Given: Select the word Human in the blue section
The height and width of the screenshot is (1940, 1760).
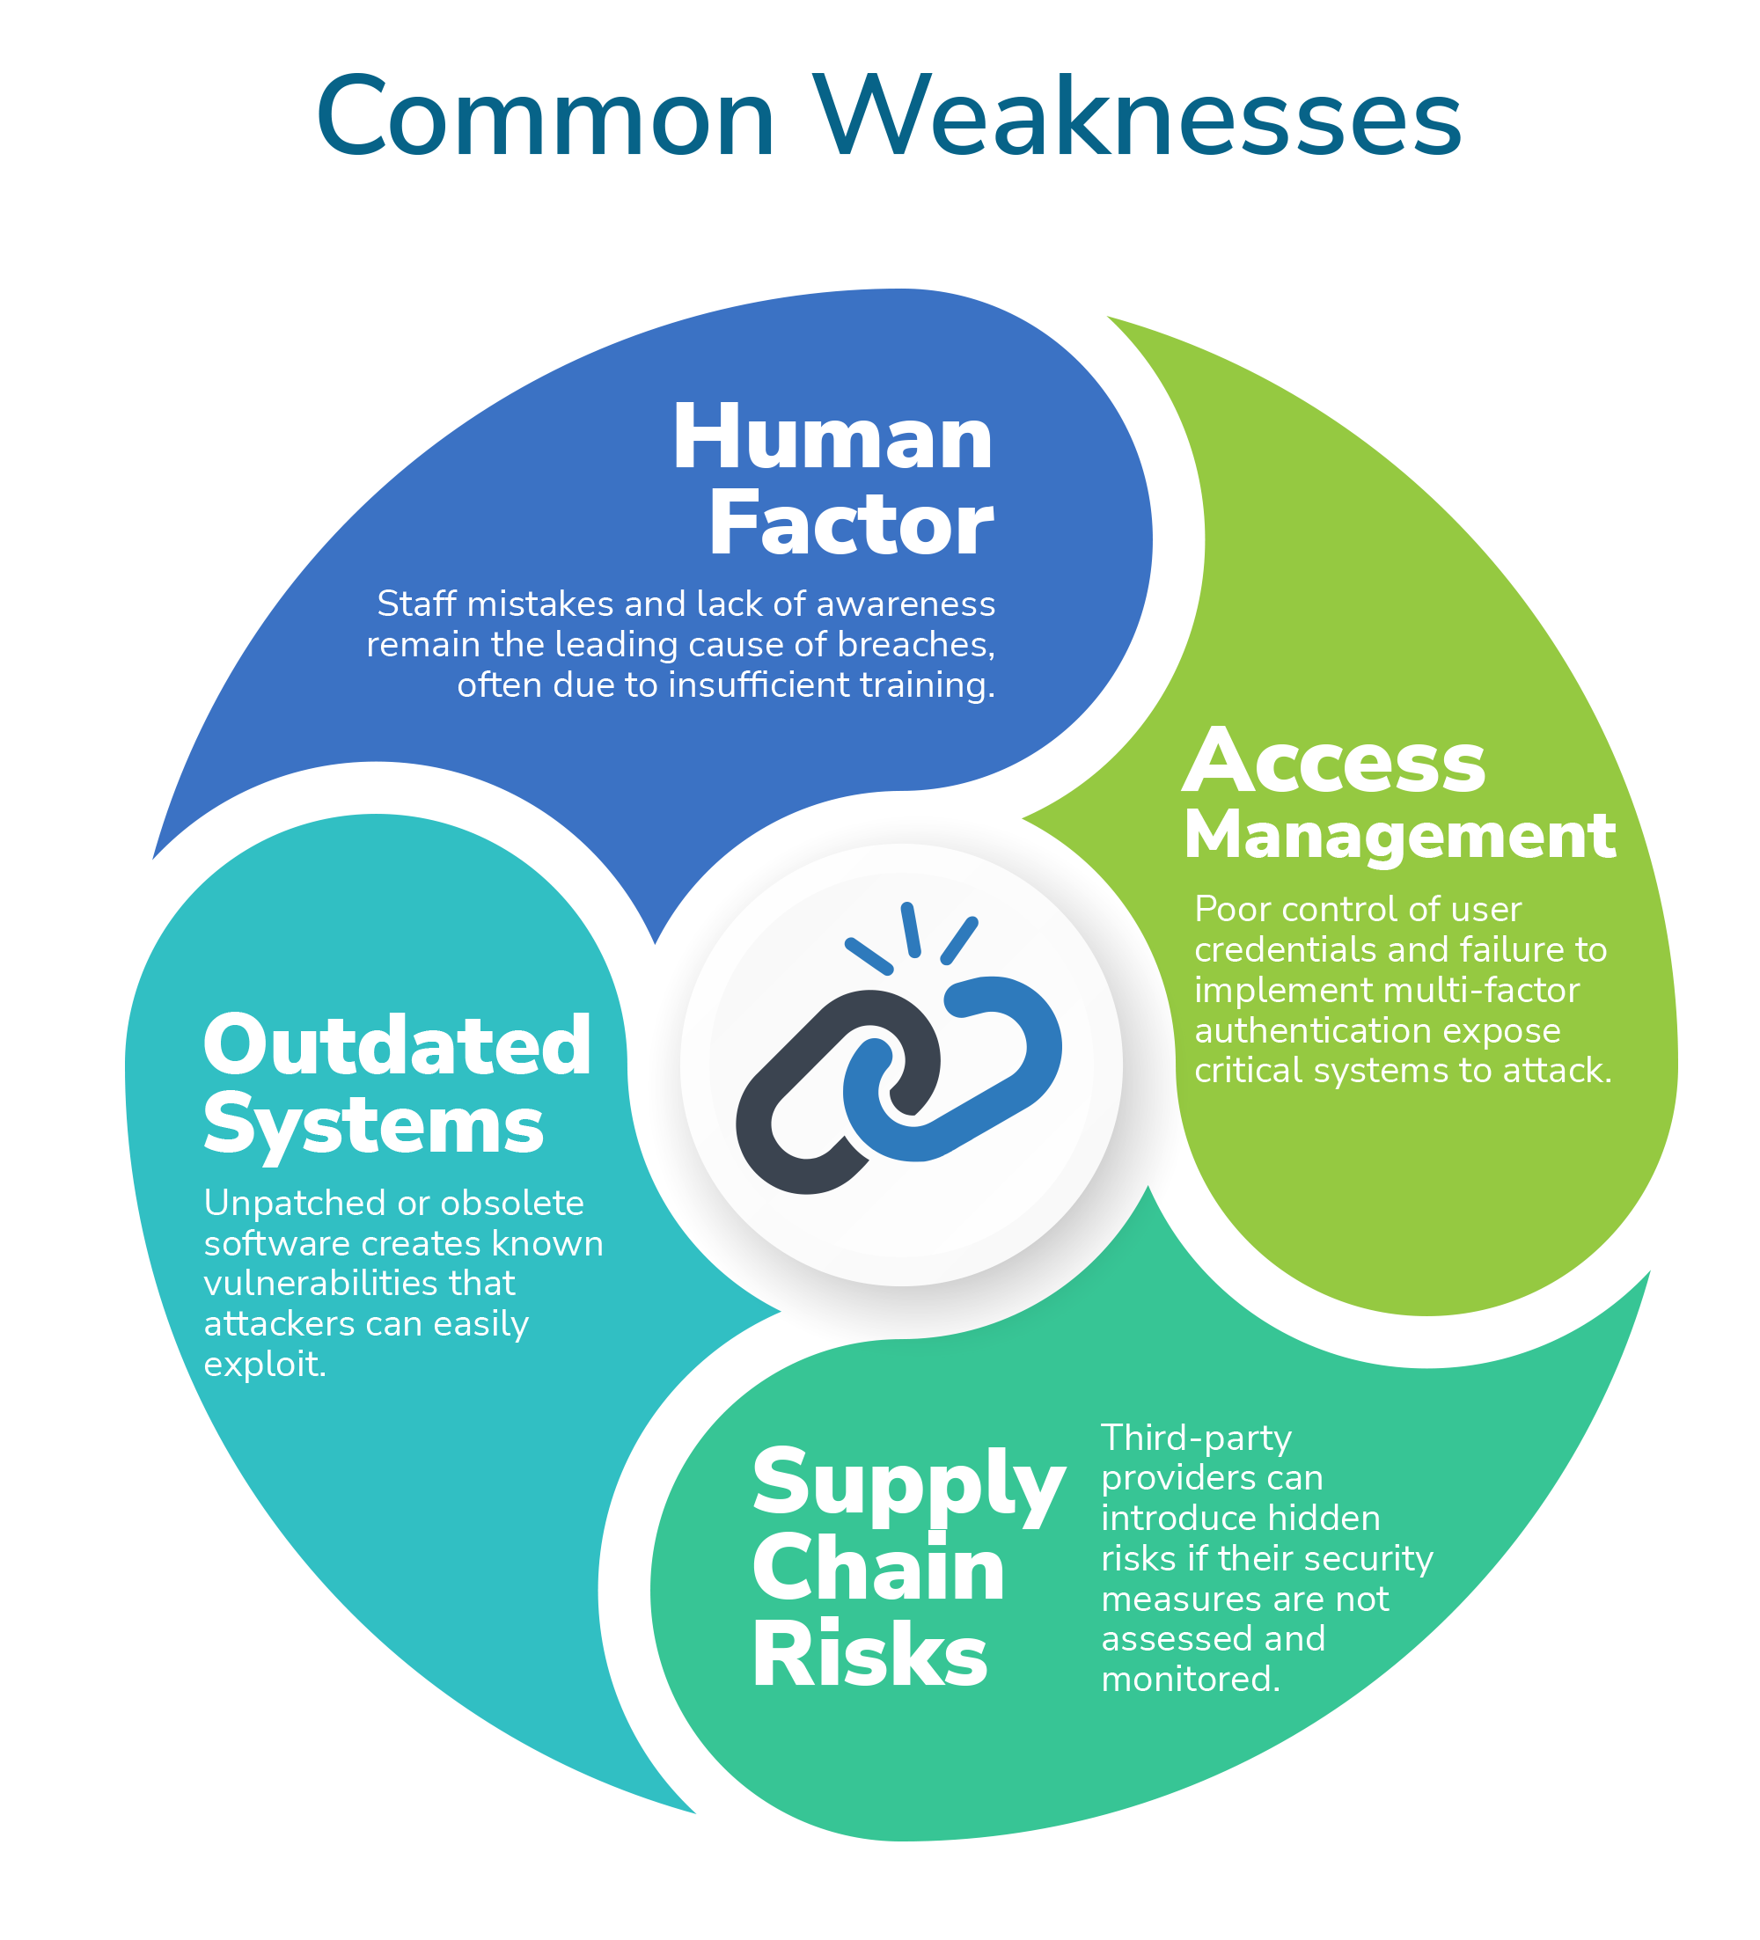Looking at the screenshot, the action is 832,438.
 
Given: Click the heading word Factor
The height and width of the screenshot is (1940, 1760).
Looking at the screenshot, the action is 851,524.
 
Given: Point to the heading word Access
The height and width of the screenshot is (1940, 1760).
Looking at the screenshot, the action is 1334,762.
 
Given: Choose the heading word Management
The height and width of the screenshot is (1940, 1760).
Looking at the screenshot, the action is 1399,834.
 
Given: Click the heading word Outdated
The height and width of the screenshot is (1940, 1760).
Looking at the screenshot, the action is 397,1046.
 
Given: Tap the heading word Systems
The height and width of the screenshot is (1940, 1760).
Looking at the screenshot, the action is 373,1126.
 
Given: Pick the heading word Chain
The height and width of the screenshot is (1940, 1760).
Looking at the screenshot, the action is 877,1570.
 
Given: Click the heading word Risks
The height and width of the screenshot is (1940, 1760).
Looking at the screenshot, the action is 869,1656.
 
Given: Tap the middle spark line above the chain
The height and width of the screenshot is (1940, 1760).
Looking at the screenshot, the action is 910,930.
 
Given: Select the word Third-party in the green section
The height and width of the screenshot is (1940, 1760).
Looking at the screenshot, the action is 1196,1439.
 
